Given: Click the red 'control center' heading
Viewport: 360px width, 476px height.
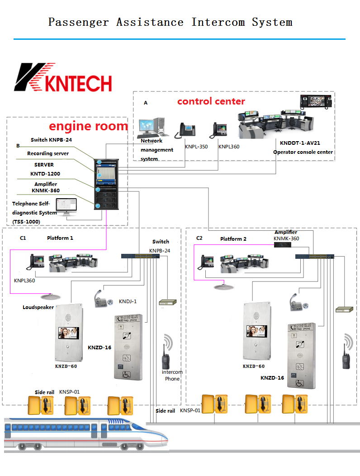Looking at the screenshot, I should pos(211,101).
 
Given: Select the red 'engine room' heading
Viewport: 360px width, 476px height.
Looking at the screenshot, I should pos(88,126).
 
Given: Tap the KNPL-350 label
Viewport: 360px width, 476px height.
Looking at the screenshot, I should pos(196,147).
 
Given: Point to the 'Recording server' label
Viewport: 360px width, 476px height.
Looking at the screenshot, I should pos(48,154).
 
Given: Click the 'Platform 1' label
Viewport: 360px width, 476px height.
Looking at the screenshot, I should pos(60,238).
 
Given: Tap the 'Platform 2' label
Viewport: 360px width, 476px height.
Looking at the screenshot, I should pos(233,239).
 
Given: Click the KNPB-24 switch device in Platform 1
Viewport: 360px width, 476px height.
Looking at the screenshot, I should pos(140,256).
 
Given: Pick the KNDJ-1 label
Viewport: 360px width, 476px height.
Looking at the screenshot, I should pos(128,301).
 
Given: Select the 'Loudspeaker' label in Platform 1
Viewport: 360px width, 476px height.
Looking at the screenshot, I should pos(38,307).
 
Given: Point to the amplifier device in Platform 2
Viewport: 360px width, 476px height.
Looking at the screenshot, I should pos(283,245).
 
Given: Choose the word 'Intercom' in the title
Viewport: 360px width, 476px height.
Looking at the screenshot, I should pos(219,22).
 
